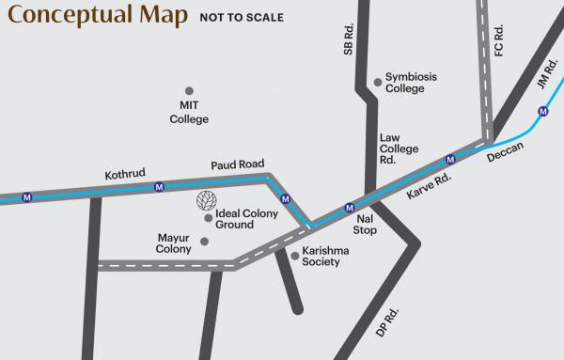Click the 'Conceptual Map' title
[98, 16]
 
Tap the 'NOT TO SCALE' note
[241, 18]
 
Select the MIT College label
[189, 112]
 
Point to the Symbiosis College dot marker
[378, 82]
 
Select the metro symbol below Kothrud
[160, 187]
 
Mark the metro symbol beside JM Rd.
[546, 111]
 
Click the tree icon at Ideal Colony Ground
[204, 200]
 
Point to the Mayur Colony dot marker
[204, 242]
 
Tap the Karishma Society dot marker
[294, 255]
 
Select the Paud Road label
[237, 164]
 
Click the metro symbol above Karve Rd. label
[450, 160]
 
